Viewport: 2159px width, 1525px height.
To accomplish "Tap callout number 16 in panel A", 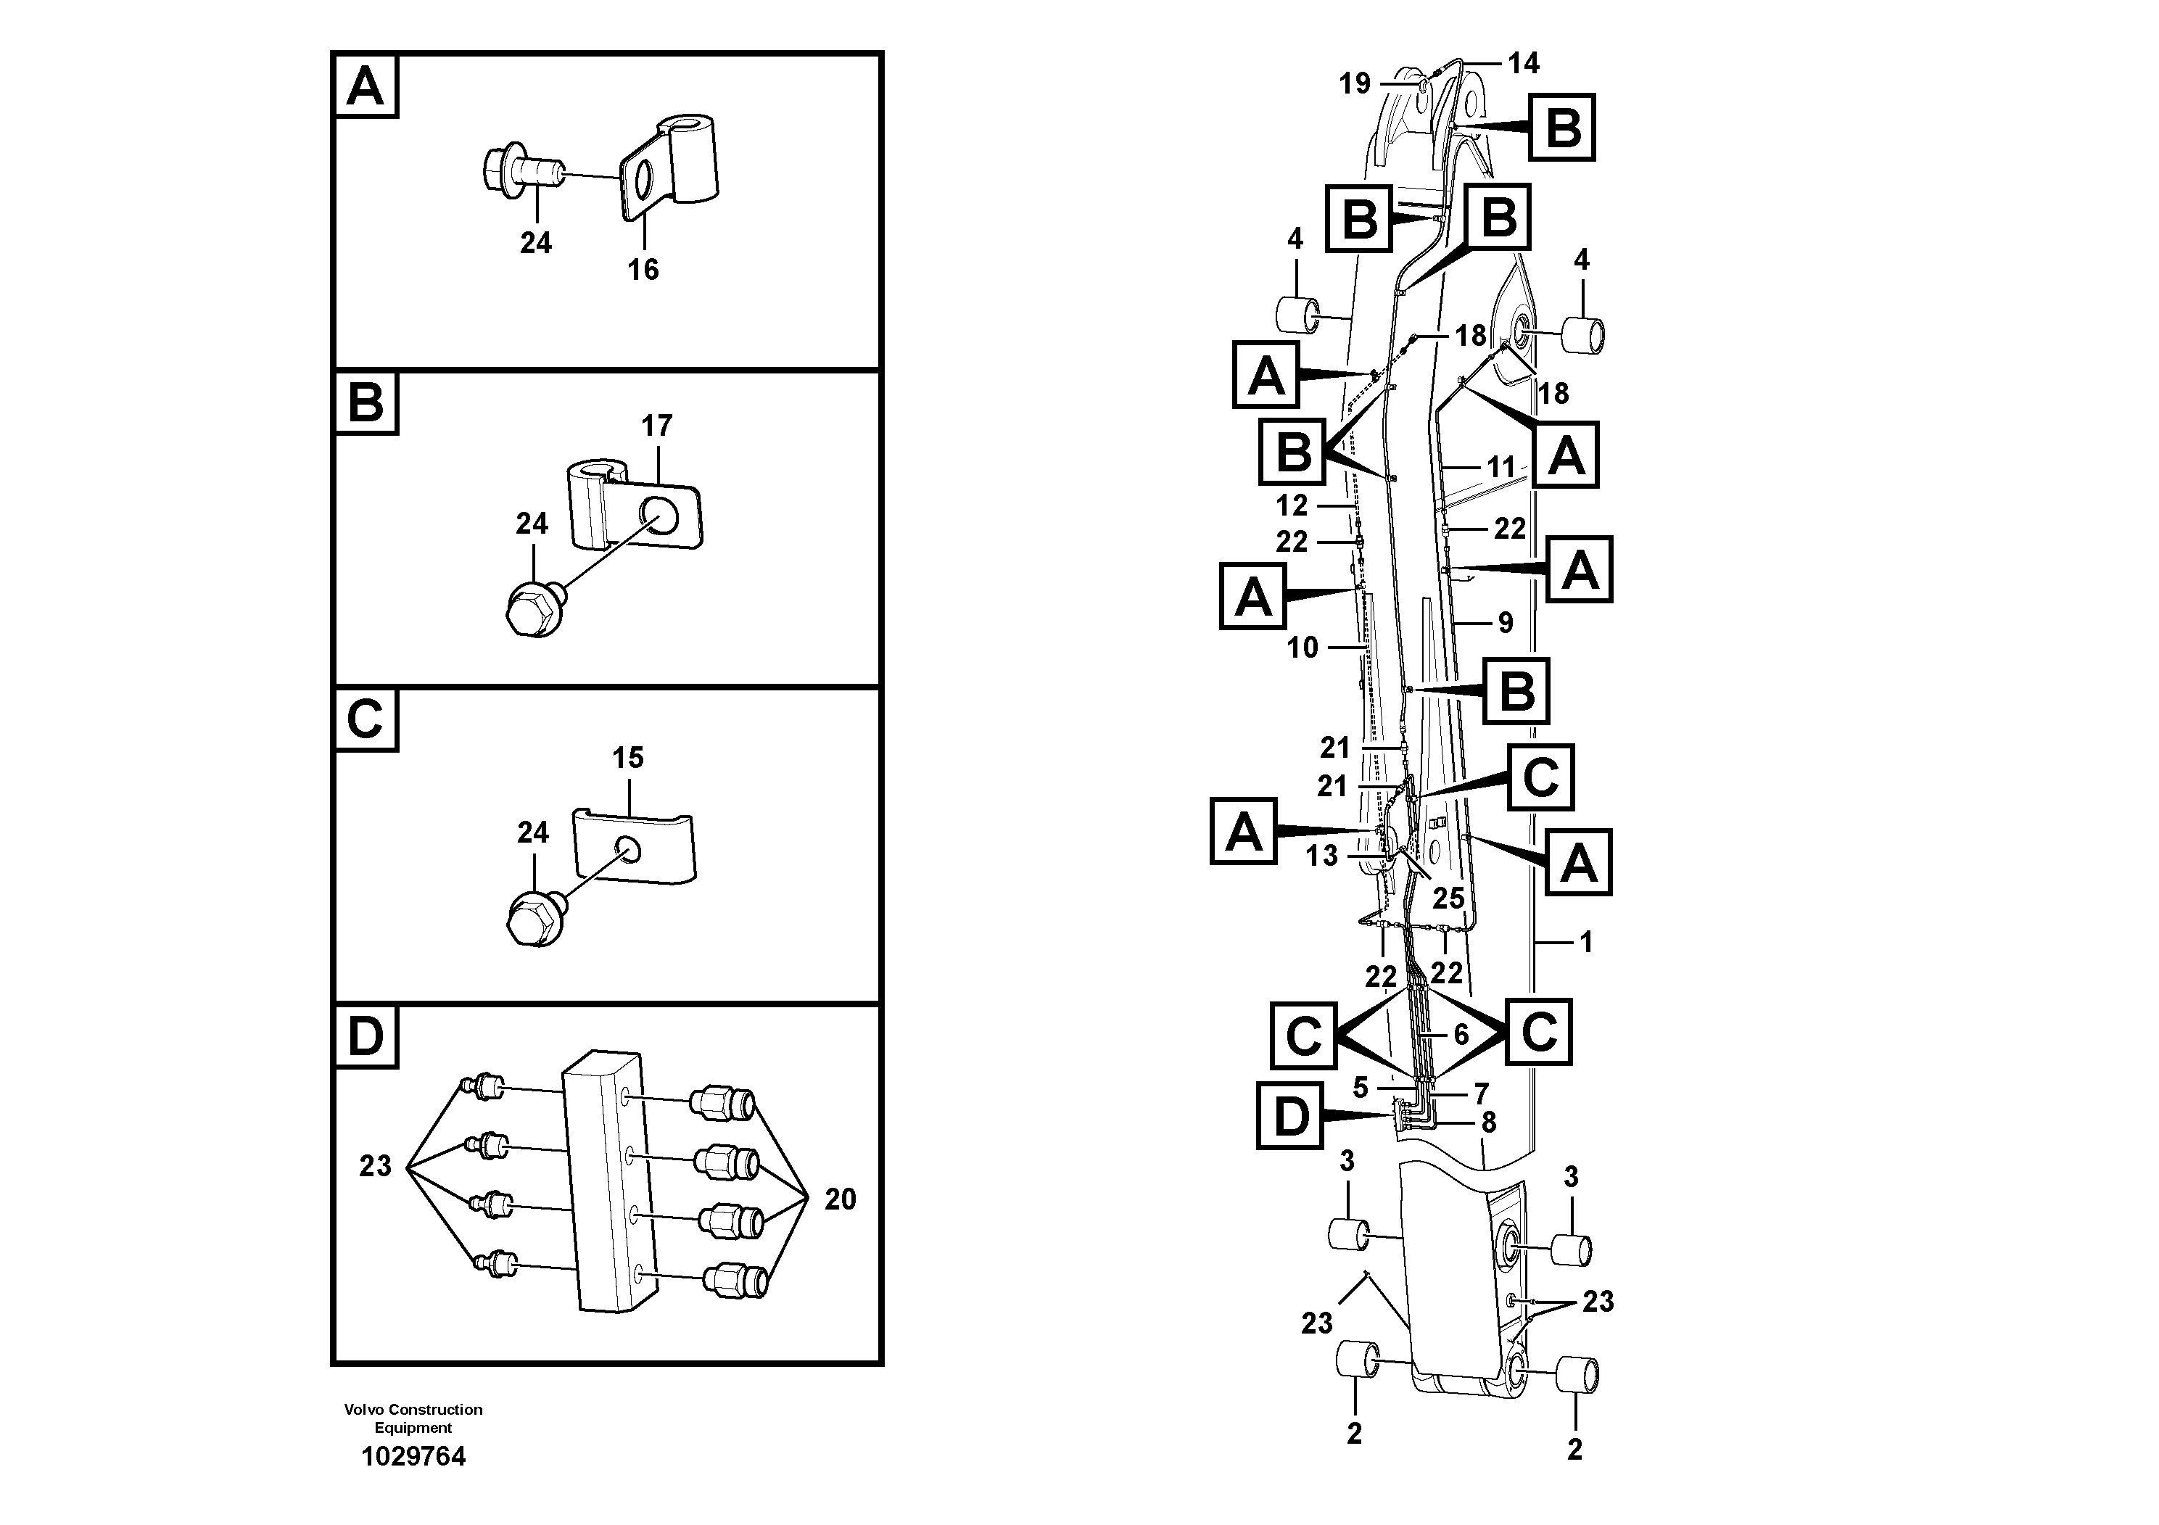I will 643,270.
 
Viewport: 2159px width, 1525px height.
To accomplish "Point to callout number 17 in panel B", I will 656,426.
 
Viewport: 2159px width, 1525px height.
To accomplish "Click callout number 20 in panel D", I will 840,1199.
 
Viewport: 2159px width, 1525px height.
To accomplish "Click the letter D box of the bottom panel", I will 366,1038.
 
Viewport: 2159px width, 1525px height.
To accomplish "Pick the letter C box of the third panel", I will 366,721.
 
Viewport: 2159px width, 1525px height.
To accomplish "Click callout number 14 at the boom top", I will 1523,63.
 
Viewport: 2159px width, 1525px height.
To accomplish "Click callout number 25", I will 1448,898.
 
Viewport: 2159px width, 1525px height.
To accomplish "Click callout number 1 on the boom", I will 1586,941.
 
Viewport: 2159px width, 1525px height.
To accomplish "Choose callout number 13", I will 1322,856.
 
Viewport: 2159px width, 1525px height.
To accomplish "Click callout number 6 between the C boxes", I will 1461,1034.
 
